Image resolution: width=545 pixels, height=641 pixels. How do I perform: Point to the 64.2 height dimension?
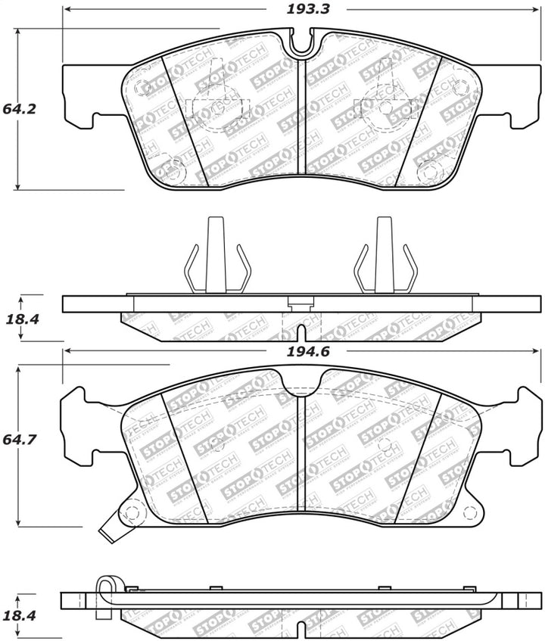click(x=20, y=108)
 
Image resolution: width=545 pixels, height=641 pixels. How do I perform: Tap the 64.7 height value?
click(x=20, y=438)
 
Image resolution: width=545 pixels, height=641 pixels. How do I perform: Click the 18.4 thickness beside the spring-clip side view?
click(x=20, y=319)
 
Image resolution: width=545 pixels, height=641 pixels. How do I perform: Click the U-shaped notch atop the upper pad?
click(x=301, y=44)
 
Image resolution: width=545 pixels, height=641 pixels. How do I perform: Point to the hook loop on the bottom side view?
click(x=105, y=587)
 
